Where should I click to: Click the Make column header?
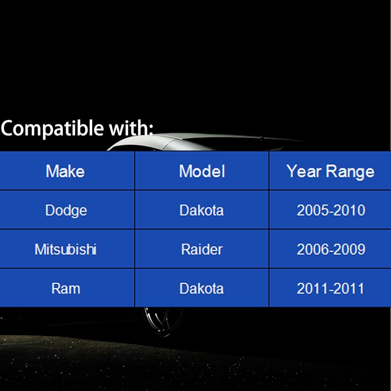tap(65, 171)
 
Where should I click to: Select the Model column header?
tap(202, 171)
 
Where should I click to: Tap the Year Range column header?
tap(330, 172)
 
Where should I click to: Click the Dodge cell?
tap(66, 210)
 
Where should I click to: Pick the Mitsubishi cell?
tap(66, 249)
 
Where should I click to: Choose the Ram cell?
tap(66, 289)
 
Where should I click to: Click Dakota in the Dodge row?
tap(201, 210)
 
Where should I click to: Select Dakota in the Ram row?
tap(201, 289)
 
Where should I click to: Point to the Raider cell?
tap(202, 249)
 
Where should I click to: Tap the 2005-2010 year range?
tap(331, 210)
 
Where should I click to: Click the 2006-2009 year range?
tap(331, 249)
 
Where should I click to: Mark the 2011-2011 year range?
tap(330, 289)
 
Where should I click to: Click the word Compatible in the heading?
tap(52, 128)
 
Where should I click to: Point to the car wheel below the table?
tap(163, 321)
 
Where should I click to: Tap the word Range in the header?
tap(350, 172)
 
